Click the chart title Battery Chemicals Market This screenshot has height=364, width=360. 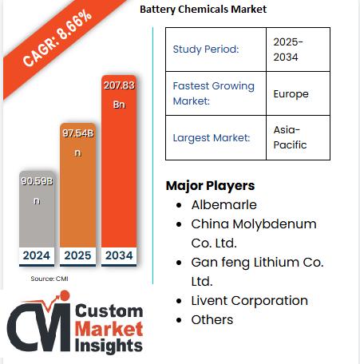[203, 10]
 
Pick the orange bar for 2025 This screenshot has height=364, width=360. [77, 200]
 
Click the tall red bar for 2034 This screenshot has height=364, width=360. [119, 176]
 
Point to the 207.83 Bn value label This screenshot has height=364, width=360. [119, 93]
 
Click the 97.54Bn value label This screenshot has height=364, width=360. [77, 142]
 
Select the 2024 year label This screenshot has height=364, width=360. [36, 256]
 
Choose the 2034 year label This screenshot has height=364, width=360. [119, 256]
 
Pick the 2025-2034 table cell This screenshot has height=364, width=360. [288, 49]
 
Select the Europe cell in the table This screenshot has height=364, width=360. [291, 93]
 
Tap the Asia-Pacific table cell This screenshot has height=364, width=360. [290, 137]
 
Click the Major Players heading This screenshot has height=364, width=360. [210, 186]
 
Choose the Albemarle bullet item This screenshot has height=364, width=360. [224, 205]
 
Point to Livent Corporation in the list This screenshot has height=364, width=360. [249, 300]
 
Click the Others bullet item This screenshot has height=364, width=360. [212, 319]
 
